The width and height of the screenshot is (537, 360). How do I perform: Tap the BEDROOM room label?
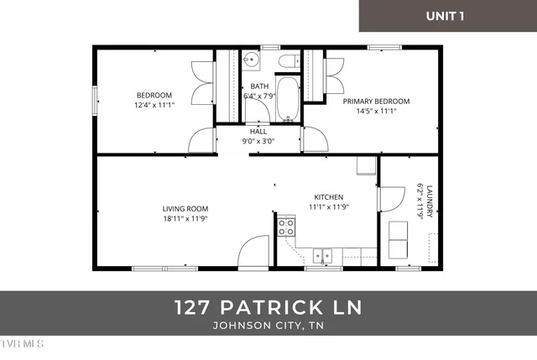tap(154, 95)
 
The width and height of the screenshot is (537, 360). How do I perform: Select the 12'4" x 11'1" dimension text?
tap(154, 105)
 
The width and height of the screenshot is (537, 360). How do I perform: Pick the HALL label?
tap(258, 132)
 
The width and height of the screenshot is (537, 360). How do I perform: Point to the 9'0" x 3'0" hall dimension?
tap(258, 142)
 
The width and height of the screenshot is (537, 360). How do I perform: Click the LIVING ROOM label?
tap(185, 209)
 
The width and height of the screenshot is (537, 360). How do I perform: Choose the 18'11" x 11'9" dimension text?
tap(185, 219)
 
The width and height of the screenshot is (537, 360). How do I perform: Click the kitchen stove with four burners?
tap(287, 227)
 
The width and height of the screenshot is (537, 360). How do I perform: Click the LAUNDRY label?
tap(430, 202)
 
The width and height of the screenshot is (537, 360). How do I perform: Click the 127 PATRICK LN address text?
tap(268, 307)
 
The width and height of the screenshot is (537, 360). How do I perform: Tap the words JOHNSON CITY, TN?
tap(268, 325)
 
